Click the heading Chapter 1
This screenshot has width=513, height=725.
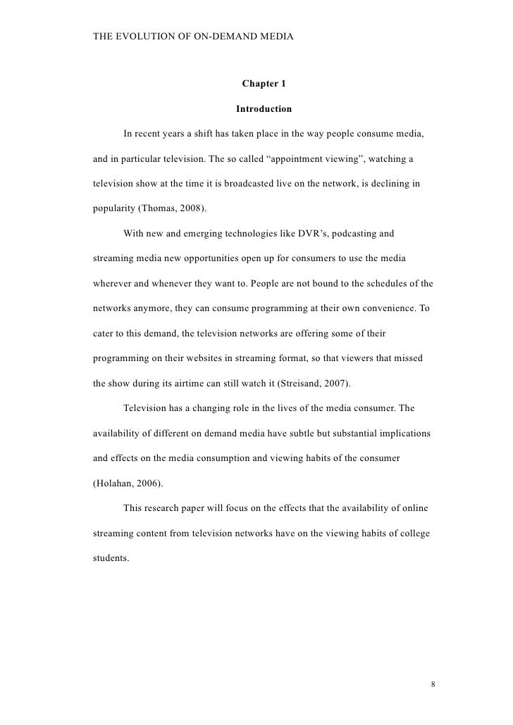pyautogui.click(x=264, y=84)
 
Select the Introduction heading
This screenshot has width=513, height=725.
pyautogui.click(x=264, y=109)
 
